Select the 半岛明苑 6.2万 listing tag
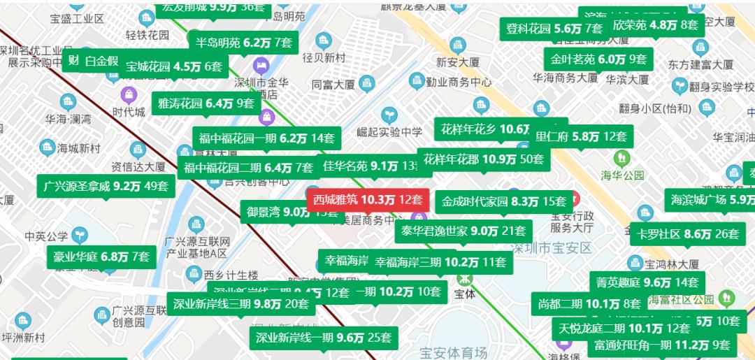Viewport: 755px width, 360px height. click(x=243, y=43)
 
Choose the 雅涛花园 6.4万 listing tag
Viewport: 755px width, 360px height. click(x=206, y=103)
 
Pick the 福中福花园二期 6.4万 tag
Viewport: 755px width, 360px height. click(x=248, y=168)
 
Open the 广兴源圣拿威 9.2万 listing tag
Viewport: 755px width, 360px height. click(x=106, y=186)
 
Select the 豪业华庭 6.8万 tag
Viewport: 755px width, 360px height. click(x=101, y=257)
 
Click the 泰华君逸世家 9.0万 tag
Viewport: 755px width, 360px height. click(x=463, y=231)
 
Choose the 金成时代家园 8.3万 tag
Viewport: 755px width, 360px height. click(x=503, y=202)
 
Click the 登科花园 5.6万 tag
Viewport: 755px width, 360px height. click(x=553, y=29)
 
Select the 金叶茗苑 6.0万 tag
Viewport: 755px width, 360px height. click(x=598, y=59)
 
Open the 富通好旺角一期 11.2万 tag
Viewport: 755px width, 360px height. click(x=661, y=345)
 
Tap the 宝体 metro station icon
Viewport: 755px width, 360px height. click(x=464, y=278)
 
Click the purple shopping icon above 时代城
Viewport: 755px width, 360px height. click(x=129, y=95)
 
